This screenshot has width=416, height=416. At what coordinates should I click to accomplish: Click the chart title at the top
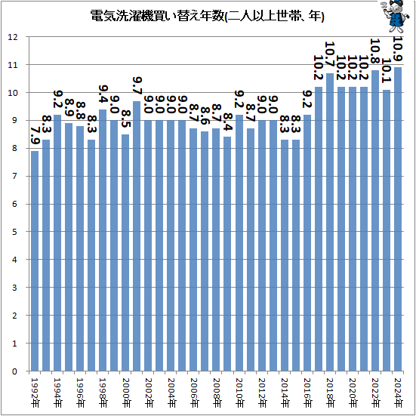point(207,16)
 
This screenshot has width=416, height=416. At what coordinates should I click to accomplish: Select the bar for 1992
point(35,260)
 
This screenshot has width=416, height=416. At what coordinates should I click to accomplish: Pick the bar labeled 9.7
point(137,236)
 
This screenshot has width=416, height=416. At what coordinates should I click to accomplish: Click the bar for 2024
point(398,219)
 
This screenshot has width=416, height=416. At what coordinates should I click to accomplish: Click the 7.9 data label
point(35,135)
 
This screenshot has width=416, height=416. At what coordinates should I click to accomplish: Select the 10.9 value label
point(398,49)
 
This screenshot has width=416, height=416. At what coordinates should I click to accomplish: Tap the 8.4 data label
point(228,122)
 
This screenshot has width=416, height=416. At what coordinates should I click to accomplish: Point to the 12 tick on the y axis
point(13,37)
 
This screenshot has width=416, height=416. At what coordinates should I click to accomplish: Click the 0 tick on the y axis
point(14,371)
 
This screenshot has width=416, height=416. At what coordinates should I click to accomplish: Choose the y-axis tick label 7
point(14,176)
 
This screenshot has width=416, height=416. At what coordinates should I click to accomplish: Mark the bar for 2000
point(125,253)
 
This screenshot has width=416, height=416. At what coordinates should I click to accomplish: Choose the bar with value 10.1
point(387,230)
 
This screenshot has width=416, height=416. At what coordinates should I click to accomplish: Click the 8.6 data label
point(205,116)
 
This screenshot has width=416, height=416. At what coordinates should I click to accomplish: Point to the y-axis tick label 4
point(14,260)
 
